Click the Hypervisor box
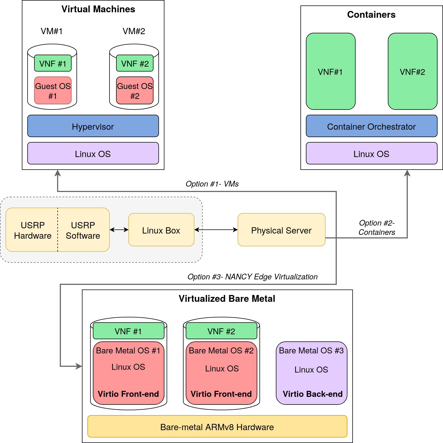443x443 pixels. (93, 126)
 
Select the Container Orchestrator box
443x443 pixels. (371, 126)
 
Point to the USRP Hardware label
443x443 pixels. (33, 230)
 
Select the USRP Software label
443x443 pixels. (83, 230)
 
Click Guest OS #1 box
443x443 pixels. (53, 90)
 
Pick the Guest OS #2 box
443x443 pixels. (135, 90)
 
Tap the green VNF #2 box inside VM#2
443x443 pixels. (135, 63)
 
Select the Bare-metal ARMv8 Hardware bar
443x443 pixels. (217, 426)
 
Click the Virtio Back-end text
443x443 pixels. (312, 394)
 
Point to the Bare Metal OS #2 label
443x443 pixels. (221, 350)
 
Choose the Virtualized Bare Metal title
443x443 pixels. (227, 299)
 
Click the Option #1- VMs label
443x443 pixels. (212, 184)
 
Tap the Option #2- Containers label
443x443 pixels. (377, 228)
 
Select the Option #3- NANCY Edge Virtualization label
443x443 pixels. (252, 277)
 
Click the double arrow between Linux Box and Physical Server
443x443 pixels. (216, 230)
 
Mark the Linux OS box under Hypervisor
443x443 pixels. (93, 153)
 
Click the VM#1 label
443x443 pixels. (52, 31)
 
